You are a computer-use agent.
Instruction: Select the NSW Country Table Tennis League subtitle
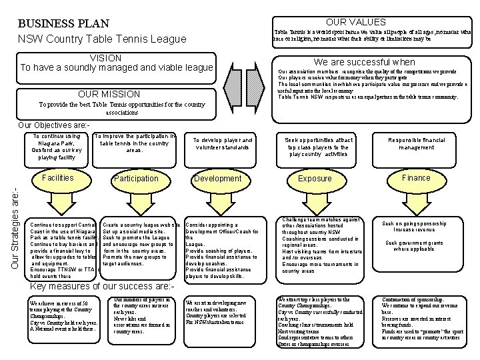(102, 39)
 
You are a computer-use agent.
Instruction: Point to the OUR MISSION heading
(109, 94)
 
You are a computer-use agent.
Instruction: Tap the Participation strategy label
(136, 179)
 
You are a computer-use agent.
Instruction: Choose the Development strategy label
(217, 179)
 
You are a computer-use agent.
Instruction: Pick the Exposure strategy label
(315, 179)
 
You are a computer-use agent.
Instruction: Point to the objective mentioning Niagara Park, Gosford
(58, 147)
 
